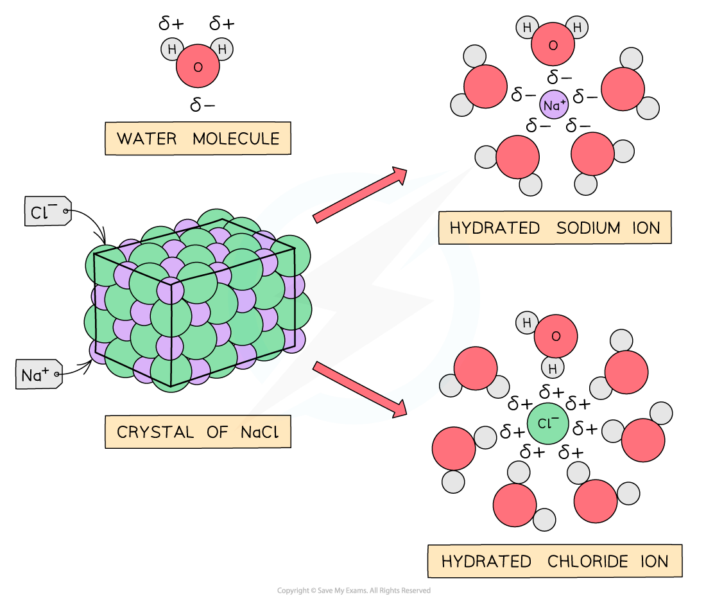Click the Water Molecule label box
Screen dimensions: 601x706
[x=198, y=139]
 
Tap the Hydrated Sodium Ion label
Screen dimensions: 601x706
[x=555, y=228]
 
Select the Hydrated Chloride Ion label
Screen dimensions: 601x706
[x=555, y=561]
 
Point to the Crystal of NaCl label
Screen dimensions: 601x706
[x=198, y=432]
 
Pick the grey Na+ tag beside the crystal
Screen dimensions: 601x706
[x=39, y=374]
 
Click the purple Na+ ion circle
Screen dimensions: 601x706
[x=555, y=105]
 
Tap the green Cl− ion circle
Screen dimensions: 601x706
[x=548, y=423]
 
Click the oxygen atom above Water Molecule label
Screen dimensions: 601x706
[x=198, y=66]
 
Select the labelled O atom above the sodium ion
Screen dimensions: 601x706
[x=553, y=44]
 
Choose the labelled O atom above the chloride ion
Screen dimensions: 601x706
[x=556, y=336]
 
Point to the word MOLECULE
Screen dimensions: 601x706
[x=236, y=139]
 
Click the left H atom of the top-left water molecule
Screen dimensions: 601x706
[x=172, y=49]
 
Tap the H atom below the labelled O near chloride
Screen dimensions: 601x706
[x=553, y=368]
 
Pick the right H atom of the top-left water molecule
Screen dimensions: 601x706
[x=223, y=49]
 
